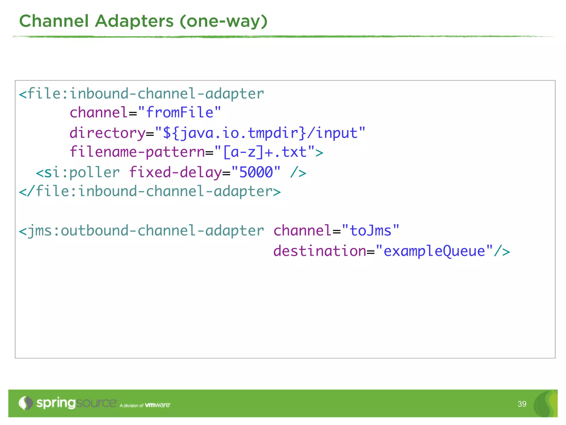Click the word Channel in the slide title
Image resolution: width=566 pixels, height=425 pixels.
point(54,21)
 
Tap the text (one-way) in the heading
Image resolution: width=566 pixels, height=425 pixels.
point(224,21)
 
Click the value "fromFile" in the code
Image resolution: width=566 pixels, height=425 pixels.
point(180,113)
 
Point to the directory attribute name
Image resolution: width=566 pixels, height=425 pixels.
point(107,133)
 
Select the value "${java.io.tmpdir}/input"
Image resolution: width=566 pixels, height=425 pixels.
point(260,133)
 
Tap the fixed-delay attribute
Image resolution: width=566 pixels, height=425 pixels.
point(175,173)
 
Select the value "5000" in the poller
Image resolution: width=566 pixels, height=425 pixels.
point(256,172)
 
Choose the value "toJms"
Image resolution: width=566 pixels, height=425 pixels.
point(370,231)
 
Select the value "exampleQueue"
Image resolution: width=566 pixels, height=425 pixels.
point(434,251)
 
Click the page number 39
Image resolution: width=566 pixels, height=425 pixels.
point(522,404)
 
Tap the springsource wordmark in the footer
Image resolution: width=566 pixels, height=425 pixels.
point(77,403)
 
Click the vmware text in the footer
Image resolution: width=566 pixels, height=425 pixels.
point(158,405)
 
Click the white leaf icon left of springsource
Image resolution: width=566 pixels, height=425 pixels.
point(25,403)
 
